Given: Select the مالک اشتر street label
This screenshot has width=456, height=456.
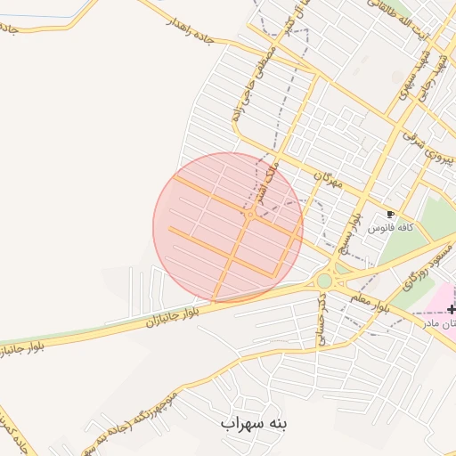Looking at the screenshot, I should pyautogui.click(x=270, y=166).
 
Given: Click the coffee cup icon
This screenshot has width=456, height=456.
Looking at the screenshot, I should pyautogui.click(x=390, y=214).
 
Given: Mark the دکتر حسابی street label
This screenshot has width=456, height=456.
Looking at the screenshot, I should pyautogui.click(x=318, y=319).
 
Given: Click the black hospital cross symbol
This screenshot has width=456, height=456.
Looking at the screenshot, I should pyautogui.click(x=452, y=309).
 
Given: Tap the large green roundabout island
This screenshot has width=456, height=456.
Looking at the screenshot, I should pyautogui.click(x=324, y=281).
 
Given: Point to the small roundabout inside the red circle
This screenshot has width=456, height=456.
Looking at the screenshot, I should pyautogui.click(x=250, y=215).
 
